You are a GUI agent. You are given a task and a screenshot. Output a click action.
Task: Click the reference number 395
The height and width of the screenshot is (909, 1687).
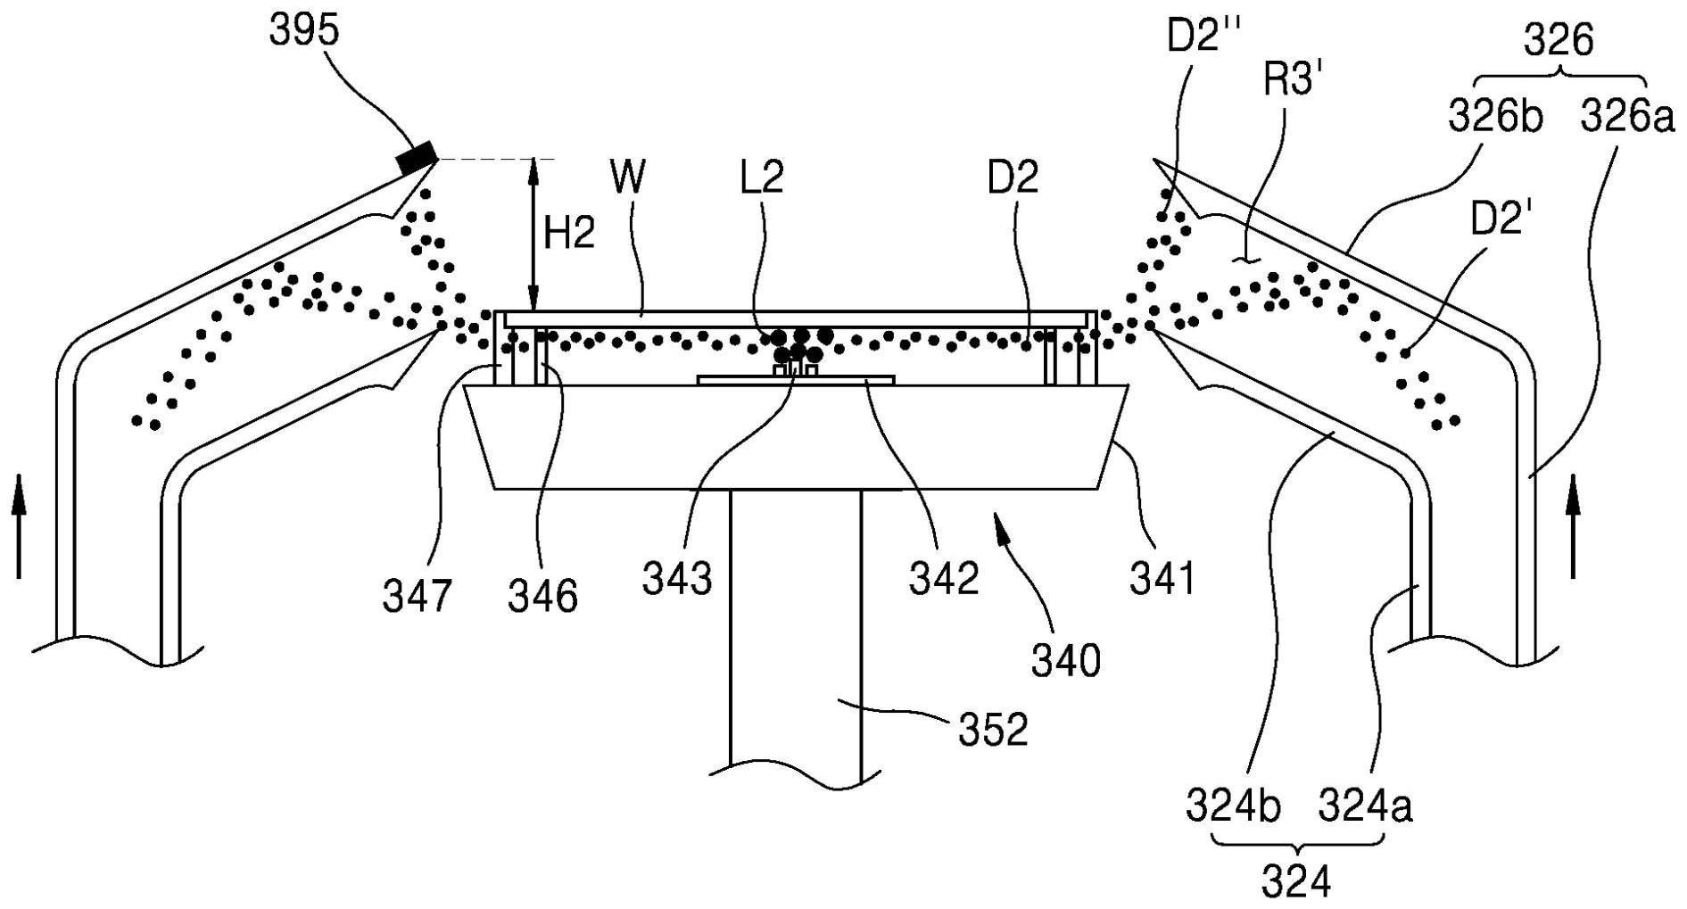(x=304, y=31)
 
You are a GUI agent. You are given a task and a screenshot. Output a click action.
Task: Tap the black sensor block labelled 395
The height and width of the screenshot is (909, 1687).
(x=417, y=157)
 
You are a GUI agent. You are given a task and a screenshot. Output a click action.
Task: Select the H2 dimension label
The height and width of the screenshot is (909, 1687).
(x=569, y=236)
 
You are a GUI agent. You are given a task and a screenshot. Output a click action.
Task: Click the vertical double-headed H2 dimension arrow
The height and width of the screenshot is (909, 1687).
(x=533, y=235)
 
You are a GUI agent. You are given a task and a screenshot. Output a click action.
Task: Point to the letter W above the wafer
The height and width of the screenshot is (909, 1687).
(x=629, y=178)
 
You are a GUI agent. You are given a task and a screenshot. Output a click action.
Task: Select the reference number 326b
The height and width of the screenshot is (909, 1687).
(x=1495, y=117)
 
